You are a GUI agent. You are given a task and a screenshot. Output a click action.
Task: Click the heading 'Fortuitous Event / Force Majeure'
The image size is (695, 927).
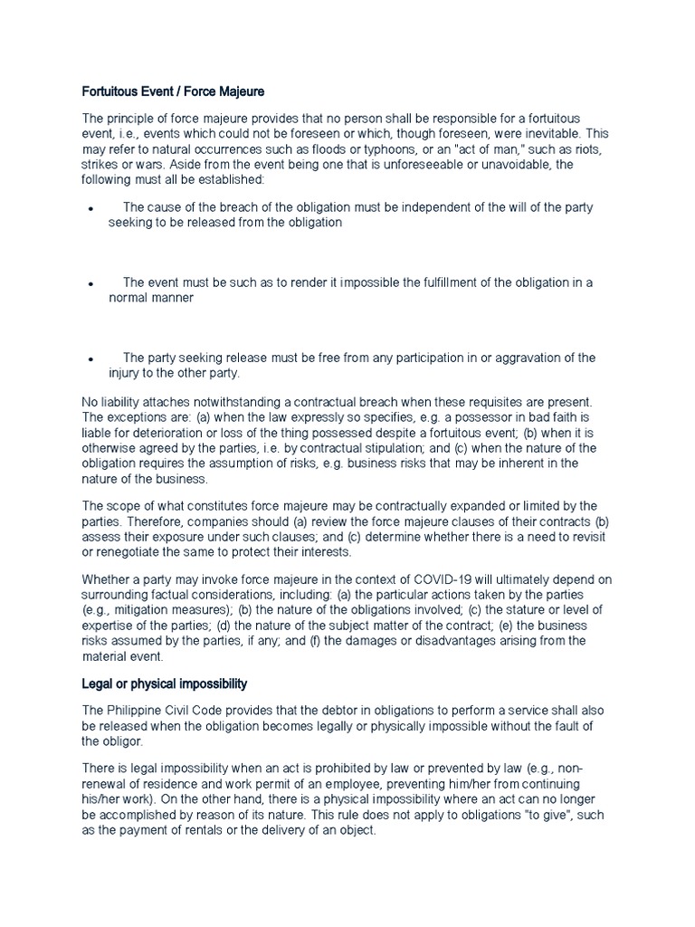coord(173,91)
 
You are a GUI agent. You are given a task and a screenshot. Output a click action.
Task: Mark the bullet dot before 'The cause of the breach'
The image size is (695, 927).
coord(91,209)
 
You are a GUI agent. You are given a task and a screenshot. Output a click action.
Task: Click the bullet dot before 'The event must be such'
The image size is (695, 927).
coord(91,284)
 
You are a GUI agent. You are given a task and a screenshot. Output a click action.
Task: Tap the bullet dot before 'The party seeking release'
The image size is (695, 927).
coord(91,359)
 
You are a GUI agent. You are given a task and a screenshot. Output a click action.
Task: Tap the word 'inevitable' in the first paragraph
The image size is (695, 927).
coord(545,132)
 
